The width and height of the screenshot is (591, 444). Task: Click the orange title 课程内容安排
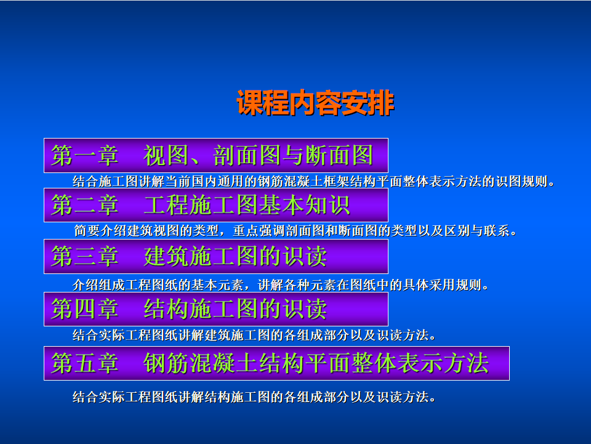pos(315,102)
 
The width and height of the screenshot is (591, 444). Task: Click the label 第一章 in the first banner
pos(85,155)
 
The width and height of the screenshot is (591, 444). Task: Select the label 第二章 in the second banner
pos(85,205)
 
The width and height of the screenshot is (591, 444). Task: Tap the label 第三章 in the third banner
pos(85,256)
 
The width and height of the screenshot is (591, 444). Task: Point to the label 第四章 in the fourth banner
pos(85,309)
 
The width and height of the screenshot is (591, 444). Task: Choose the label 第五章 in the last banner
pos(85,363)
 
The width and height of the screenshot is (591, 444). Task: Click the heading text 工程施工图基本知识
pos(247,205)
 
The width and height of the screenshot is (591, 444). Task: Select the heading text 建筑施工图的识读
pos(235,256)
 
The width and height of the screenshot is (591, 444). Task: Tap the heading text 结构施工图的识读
pos(235,309)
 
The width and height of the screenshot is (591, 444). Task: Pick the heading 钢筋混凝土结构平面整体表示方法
pos(316,363)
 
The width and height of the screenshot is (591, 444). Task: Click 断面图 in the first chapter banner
pos(340,155)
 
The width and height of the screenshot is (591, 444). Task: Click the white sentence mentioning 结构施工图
pos(254,397)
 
